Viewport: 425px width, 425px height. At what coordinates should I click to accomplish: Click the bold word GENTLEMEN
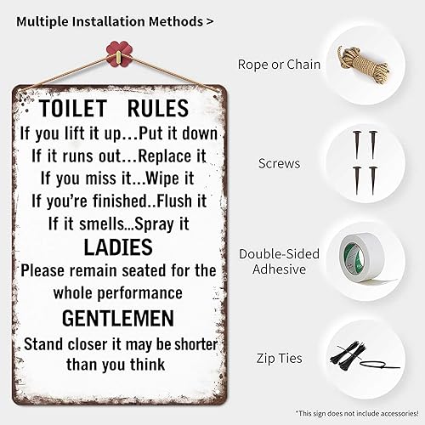(118, 318)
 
